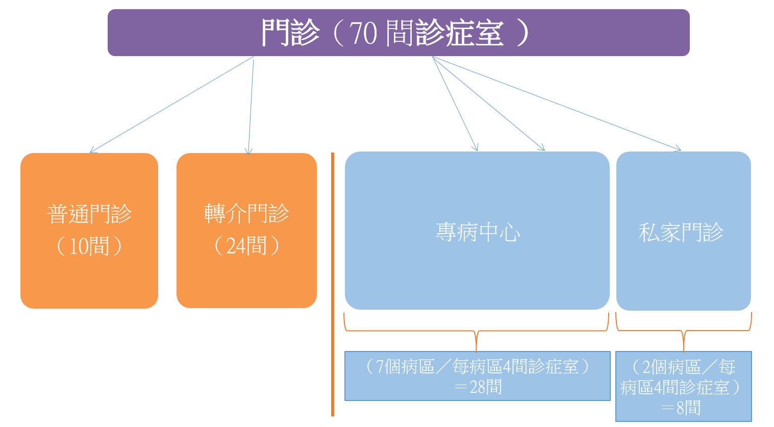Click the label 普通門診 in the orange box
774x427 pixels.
click(89, 214)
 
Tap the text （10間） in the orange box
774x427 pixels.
click(89, 246)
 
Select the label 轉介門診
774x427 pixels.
click(246, 213)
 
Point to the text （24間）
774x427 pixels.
click(246, 245)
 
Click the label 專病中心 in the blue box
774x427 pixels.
click(478, 232)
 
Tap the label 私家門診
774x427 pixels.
click(681, 232)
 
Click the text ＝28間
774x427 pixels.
click(478, 387)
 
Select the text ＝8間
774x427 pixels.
click(681, 408)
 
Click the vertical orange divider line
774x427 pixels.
click(333, 284)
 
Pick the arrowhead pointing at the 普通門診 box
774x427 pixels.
click(92, 150)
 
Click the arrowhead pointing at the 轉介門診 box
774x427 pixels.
click(248, 152)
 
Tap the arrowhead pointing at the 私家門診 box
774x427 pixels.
click(678, 149)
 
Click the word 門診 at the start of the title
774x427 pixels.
click(290, 33)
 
